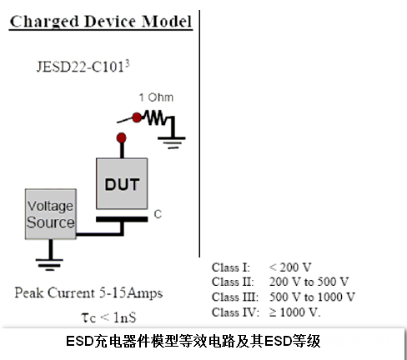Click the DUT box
[x=122, y=183]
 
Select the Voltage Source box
[x=51, y=214]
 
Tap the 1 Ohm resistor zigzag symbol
[x=155, y=117]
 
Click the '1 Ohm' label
[x=156, y=97]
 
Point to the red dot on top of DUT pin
[x=122, y=137]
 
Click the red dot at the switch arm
[x=137, y=117]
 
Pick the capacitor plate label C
[x=158, y=214]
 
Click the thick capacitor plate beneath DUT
[x=122, y=219]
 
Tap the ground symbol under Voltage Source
[x=49, y=264]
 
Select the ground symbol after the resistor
[x=172, y=142]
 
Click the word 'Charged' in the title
[x=44, y=22]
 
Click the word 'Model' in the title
[x=167, y=21]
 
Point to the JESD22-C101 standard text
[x=80, y=67]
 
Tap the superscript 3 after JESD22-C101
[x=127, y=63]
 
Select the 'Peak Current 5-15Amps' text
[x=88, y=293]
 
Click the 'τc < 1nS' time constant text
[x=108, y=317]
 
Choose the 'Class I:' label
[x=231, y=267]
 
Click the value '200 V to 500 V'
[x=309, y=282]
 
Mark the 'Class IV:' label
[x=235, y=312]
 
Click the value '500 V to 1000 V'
[x=312, y=297]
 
